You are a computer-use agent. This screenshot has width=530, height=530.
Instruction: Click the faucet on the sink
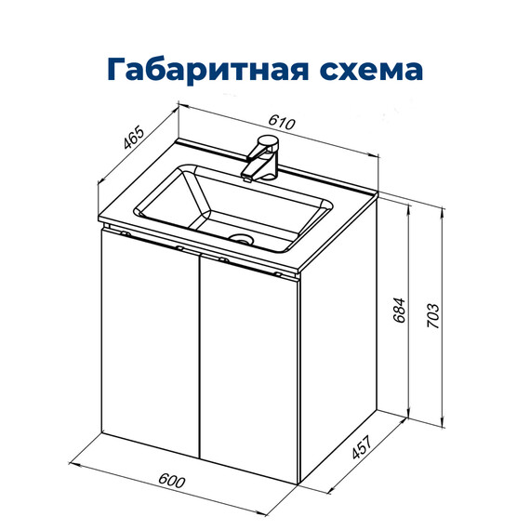coord(262,158)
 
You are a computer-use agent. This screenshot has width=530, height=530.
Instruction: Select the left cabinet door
coord(149,344)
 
